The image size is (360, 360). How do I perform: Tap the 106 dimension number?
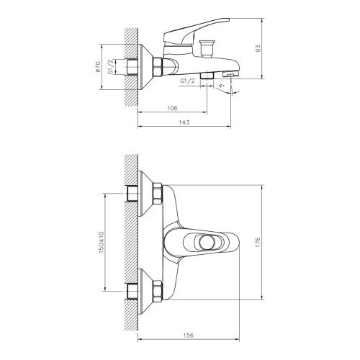coord(172,109)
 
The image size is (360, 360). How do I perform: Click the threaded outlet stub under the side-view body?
coord(207,75)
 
